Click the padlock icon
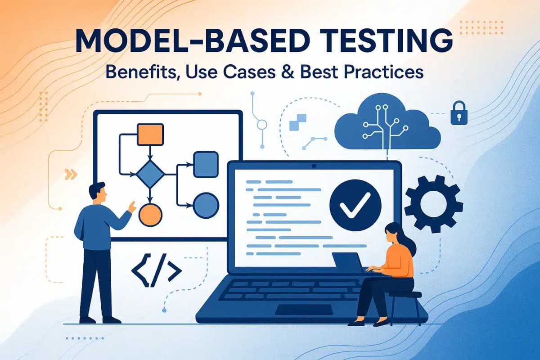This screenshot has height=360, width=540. (x=458, y=113)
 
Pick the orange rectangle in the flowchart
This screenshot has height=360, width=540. (x=150, y=134)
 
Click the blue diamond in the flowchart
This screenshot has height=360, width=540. (x=150, y=174)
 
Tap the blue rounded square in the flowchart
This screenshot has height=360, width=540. (x=206, y=164)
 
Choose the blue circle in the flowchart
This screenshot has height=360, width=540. (x=206, y=205)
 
